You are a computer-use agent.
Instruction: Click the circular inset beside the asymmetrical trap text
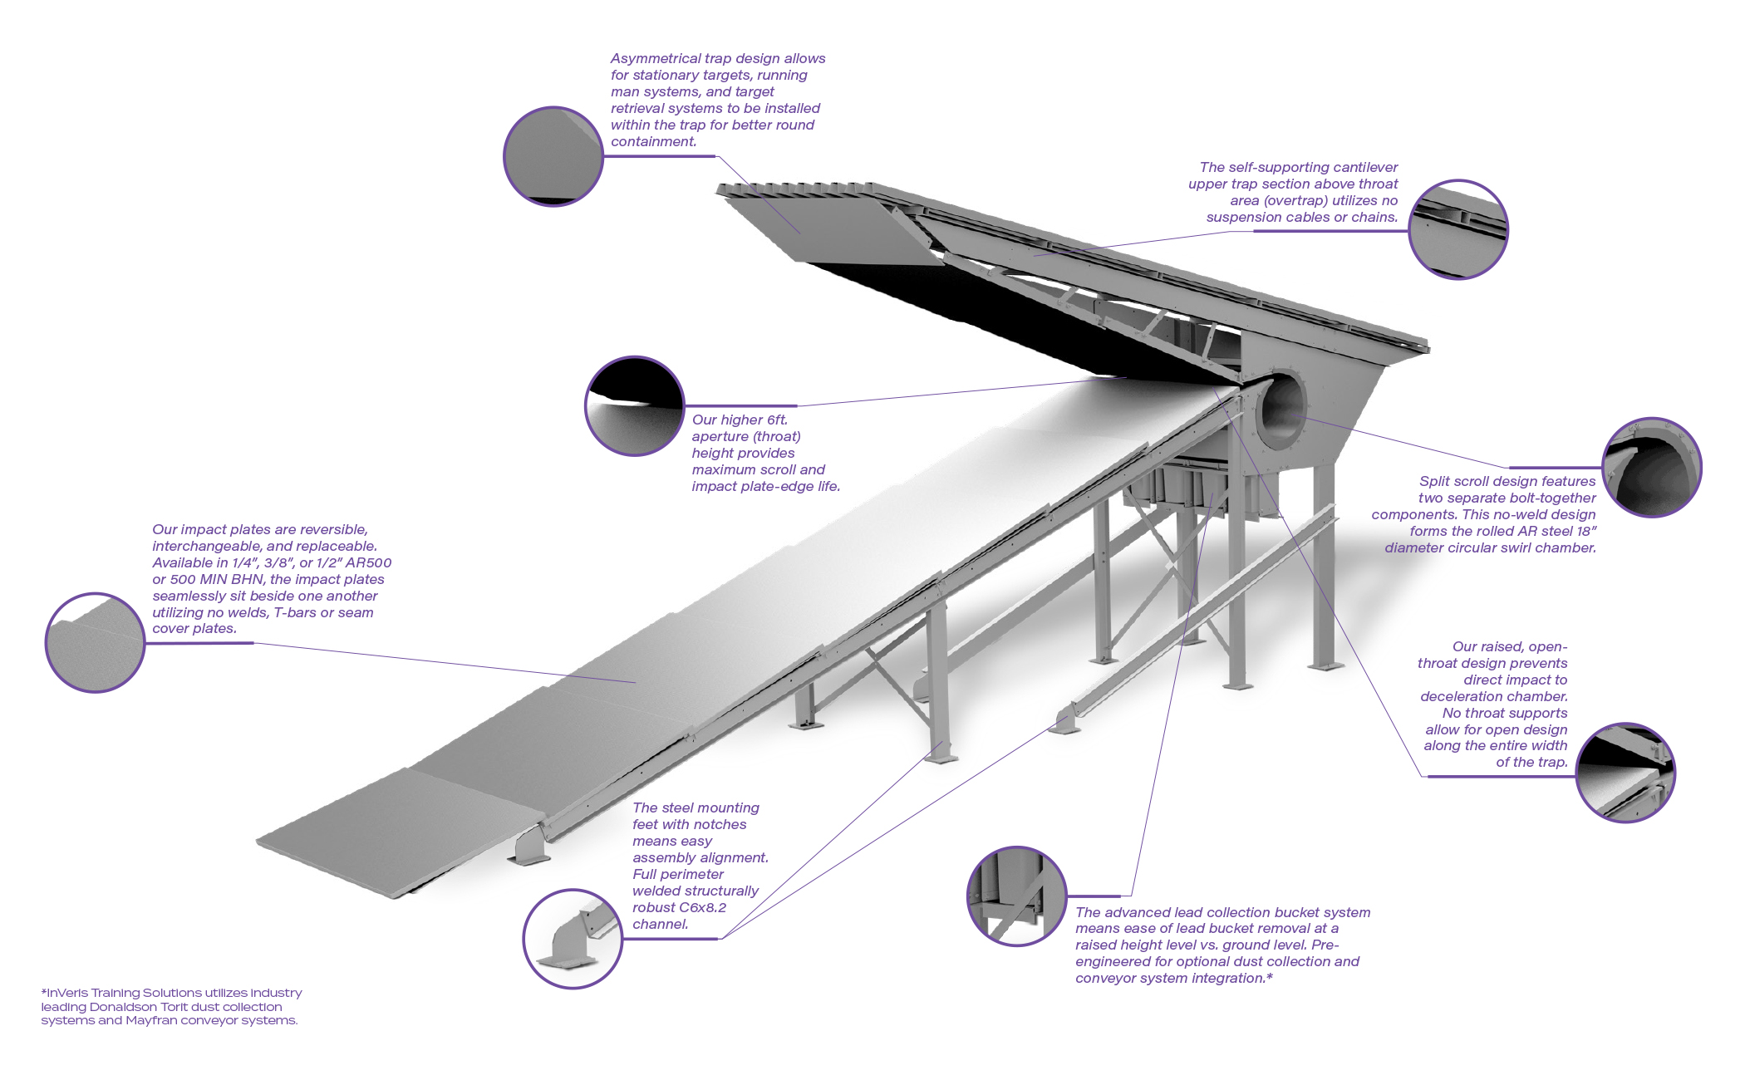553,156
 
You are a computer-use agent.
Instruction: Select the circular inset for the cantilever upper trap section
1458,229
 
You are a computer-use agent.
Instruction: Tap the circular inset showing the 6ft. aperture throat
635,406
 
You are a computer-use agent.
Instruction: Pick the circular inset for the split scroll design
1651,468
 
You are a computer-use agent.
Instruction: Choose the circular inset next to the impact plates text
95,642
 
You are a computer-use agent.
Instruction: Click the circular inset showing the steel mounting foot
573,939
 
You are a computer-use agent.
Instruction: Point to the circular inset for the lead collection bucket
1017,896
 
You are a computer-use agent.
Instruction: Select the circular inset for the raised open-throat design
1625,773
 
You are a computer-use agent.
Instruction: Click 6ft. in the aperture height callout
769,420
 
